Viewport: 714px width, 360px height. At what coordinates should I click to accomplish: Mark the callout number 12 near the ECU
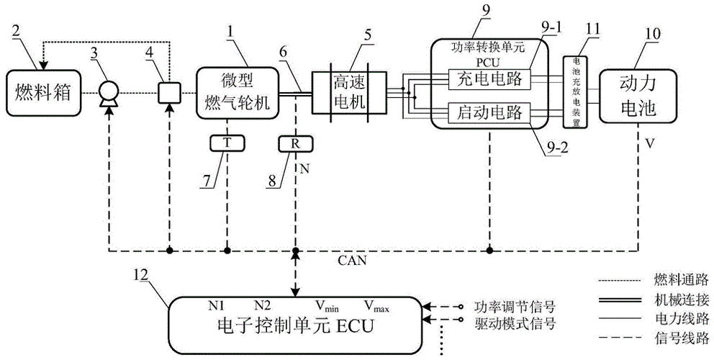click(x=143, y=274)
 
